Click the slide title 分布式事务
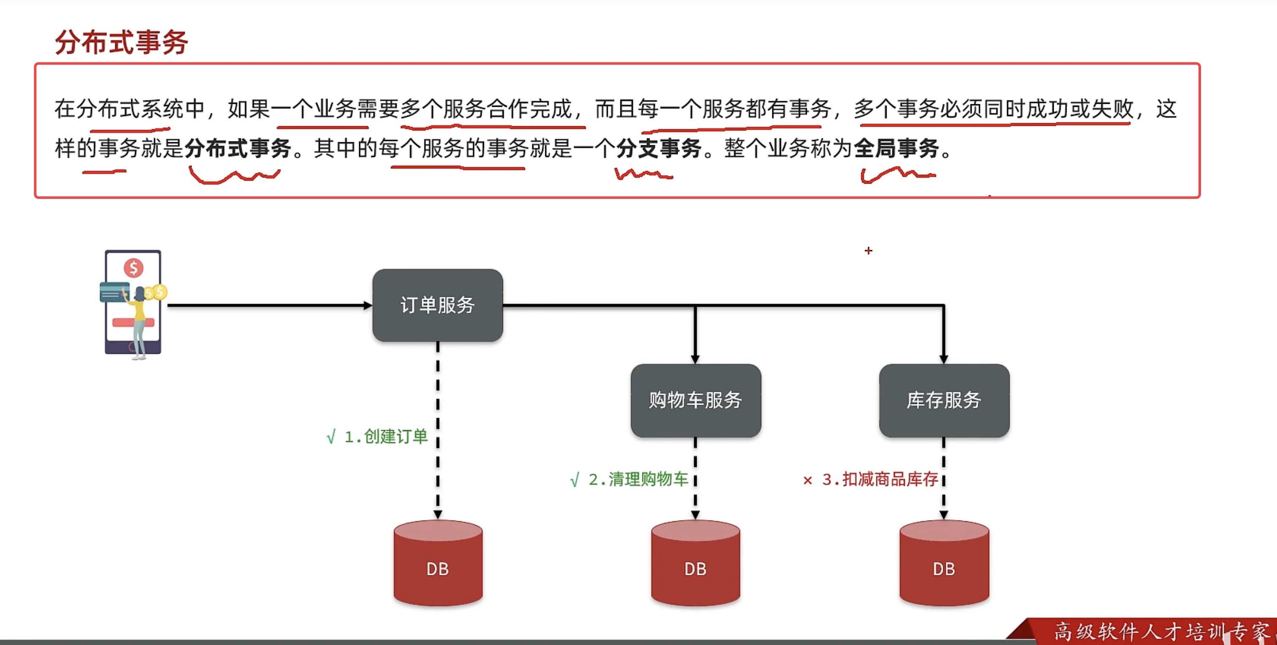click(x=121, y=42)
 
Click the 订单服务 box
click(x=437, y=305)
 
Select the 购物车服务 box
click(x=695, y=400)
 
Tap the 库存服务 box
click(x=944, y=400)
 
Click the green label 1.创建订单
click(x=386, y=436)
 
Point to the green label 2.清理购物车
click(x=638, y=480)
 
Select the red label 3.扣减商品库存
click(x=880, y=480)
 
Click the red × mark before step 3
click(x=808, y=480)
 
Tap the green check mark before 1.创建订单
click(x=331, y=437)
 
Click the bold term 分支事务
click(x=658, y=148)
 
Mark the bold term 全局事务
click(x=896, y=148)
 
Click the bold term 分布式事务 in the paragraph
click(x=238, y=148)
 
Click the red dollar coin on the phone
click(x=133, y=268)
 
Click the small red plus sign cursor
click(x=868, y=251)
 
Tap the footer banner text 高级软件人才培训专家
click(x=1160, y=631)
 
